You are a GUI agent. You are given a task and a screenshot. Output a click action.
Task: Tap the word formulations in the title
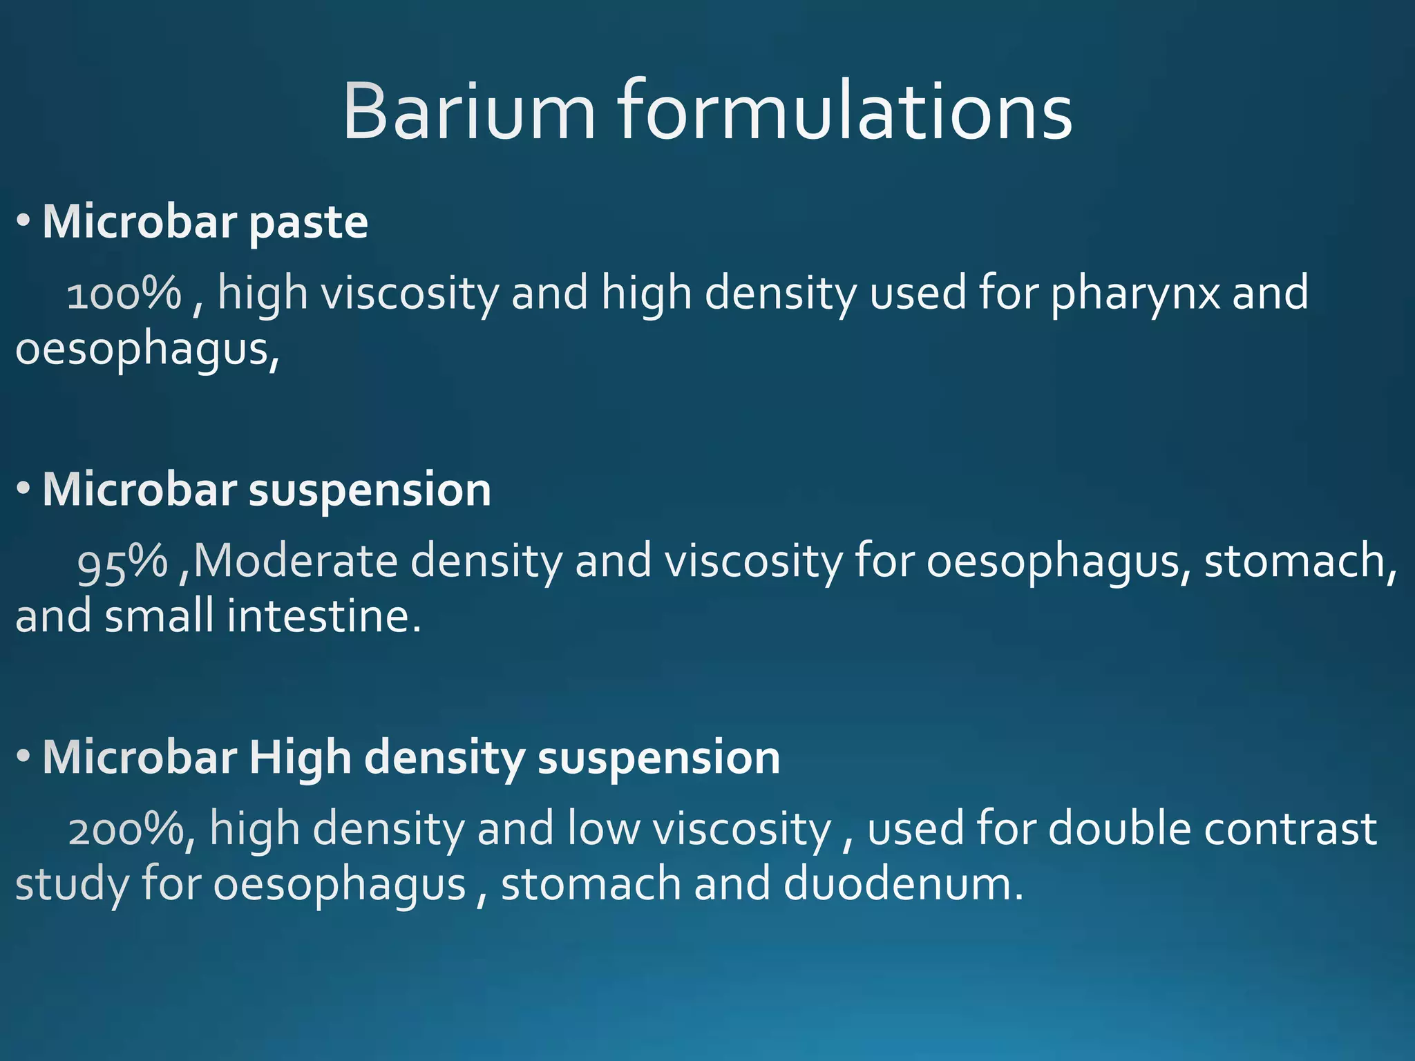[844, 112]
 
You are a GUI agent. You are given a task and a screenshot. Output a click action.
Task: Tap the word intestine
[323, 616]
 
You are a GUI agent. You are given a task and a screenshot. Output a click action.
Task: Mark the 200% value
[126, 829]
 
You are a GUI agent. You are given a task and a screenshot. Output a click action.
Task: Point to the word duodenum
[903, 884]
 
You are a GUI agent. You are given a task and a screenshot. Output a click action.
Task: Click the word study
[71, 886]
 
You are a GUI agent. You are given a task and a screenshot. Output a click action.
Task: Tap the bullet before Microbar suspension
[23, 489]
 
